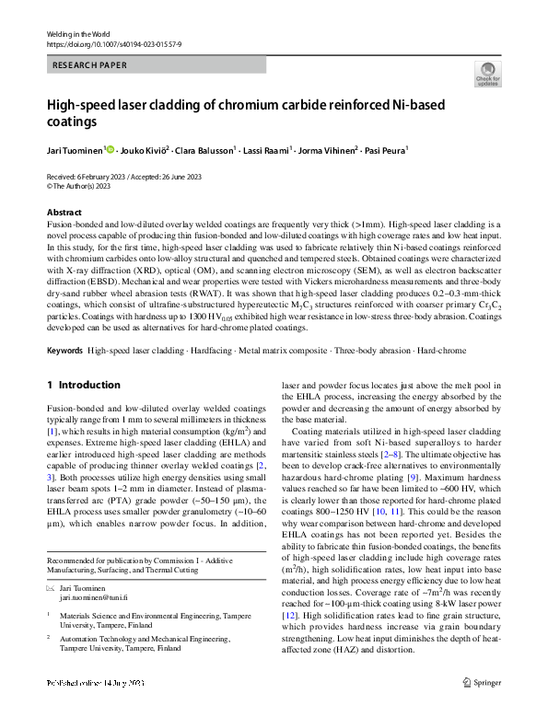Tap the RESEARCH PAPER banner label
[88, 66]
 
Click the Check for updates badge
[487, 74]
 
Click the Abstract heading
[63, 212]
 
